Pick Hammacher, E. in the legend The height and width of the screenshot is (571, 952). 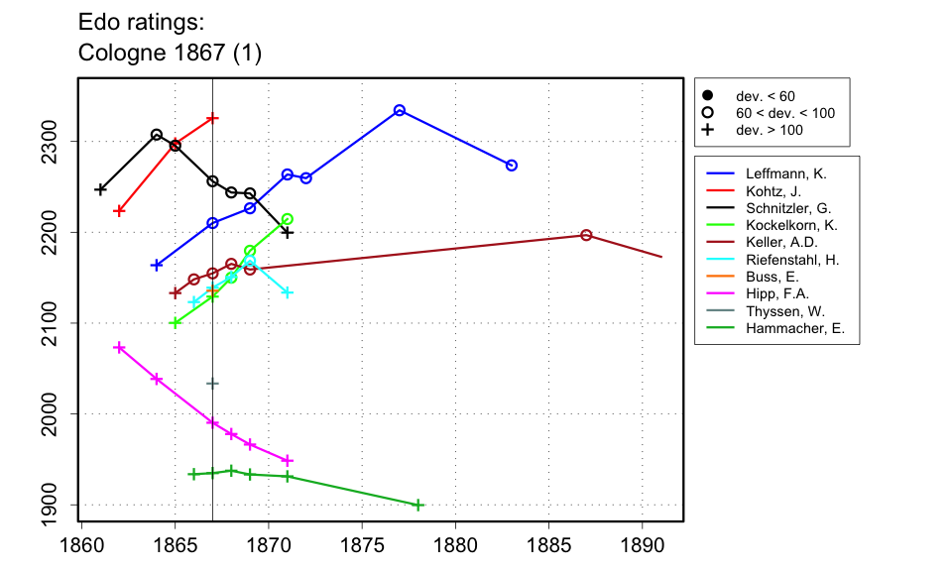click(x=794, y=329)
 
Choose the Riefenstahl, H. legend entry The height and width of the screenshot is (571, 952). click(x=790, y=260)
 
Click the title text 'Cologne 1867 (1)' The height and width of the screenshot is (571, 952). click(x=170, y=54)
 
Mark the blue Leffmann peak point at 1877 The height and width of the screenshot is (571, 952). click(x=400, y=110)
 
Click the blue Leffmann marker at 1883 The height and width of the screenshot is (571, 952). click(x=512, y=165)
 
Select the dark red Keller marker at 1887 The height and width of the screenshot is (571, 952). click(x=586, y=235)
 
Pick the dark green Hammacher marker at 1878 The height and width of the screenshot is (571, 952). click(x=418, y=506)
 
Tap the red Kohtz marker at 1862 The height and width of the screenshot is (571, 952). click(x=119, y=210)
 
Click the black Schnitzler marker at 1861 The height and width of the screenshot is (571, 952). click(x=100, y=188)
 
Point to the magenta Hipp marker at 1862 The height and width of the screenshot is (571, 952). click(x=119, y=347)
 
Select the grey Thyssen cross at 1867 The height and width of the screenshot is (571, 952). click(x=212, y=383)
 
